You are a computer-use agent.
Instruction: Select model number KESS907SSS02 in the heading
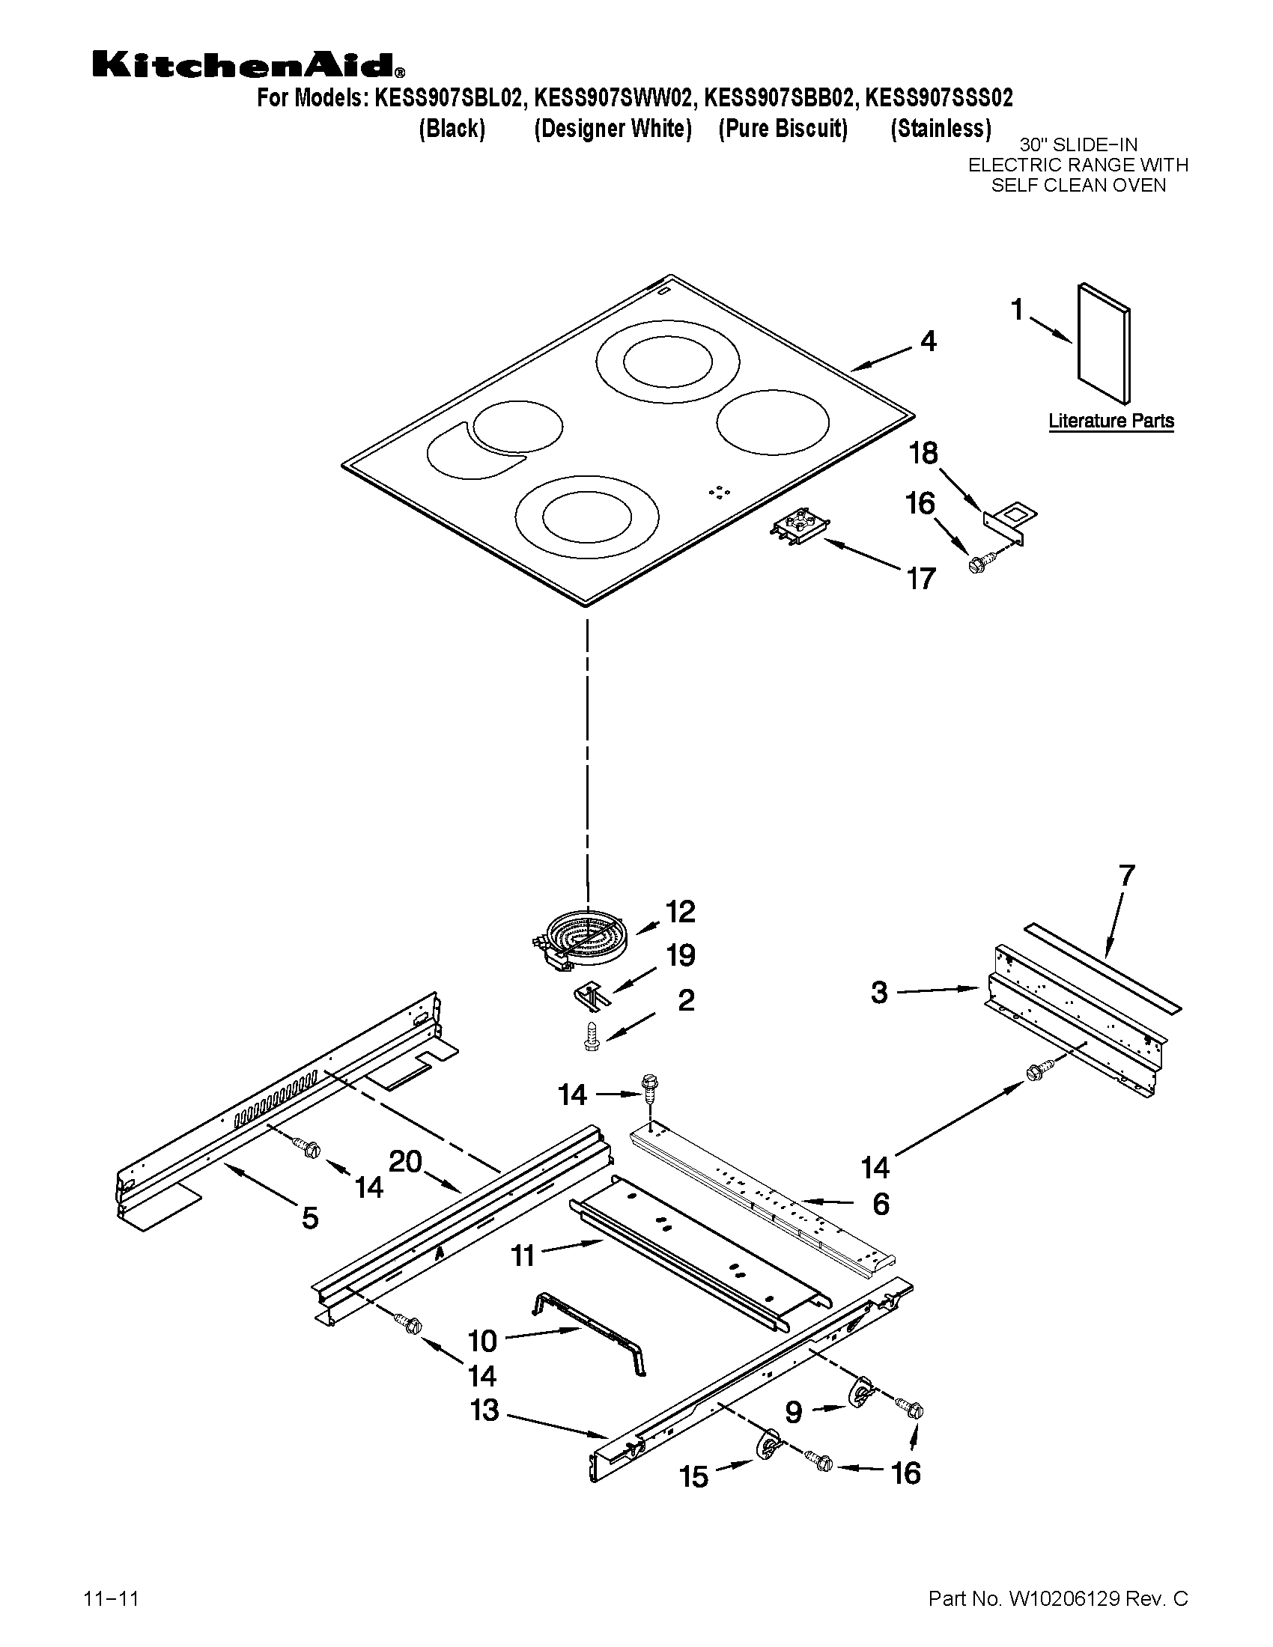click(x=939, y=98)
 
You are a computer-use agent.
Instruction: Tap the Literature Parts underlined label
click(x=1111, y=421)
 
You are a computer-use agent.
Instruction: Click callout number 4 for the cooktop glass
click(x=929, y=341)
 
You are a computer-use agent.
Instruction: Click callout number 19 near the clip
click(x=680, y=955)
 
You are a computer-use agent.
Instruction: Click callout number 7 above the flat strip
click(x=1126, y=876)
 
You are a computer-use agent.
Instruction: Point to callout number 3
click(x=879, y=993)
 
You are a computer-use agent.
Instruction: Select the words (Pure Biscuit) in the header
click(x=783, y=129)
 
